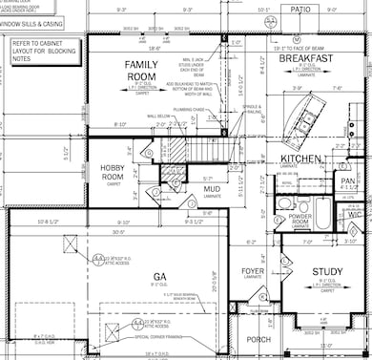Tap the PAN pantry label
pyautogui.click(x=349, y=179)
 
